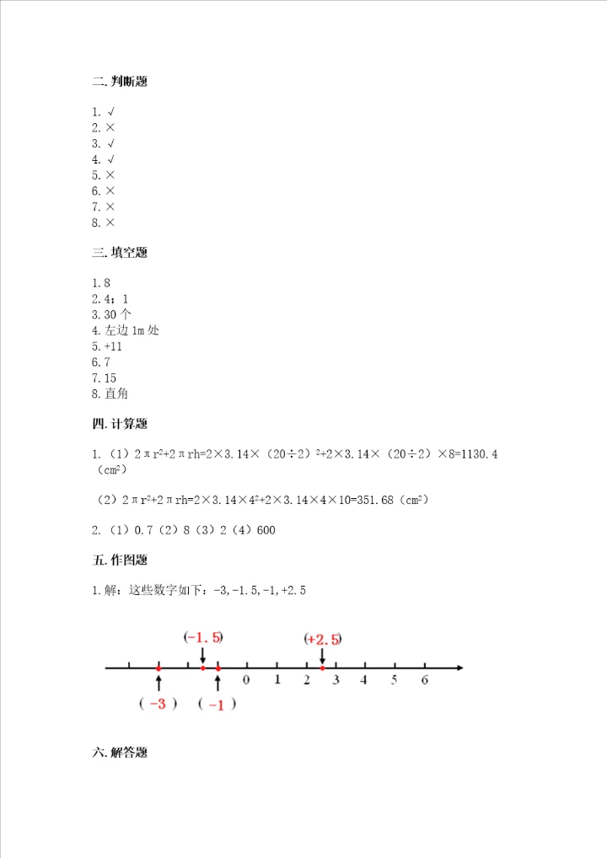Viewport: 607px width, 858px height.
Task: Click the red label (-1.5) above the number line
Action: tap(203, 637)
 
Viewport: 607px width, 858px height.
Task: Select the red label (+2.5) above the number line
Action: tap(324, 639)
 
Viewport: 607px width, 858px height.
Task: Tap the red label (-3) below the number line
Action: tap(158, 705)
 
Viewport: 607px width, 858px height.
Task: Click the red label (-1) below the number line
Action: tap(217, 705)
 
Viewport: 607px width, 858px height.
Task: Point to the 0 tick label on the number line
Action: tap(246, 678)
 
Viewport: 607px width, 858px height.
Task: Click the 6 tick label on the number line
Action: tap(425, 678)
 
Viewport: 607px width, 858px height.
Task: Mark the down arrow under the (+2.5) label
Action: tap(322, 655)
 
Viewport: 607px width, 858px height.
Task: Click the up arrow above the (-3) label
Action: tap(158, 681)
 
